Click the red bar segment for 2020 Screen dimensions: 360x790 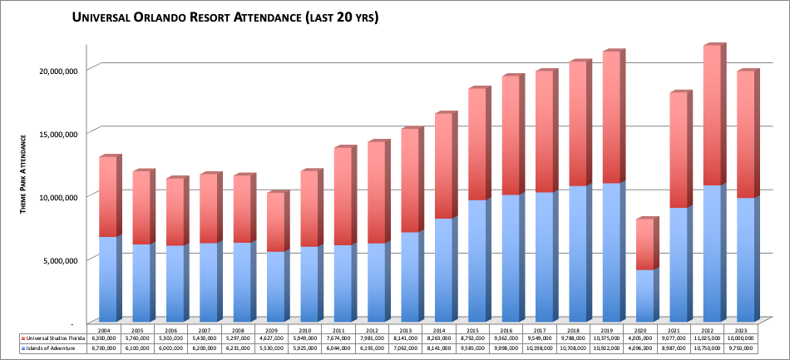644,244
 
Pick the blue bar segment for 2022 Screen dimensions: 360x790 713,253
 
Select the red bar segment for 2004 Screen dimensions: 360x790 108,196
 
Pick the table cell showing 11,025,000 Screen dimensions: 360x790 713,338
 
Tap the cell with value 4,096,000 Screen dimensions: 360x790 646,348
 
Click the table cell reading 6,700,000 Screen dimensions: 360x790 108,348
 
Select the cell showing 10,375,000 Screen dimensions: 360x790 612,338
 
